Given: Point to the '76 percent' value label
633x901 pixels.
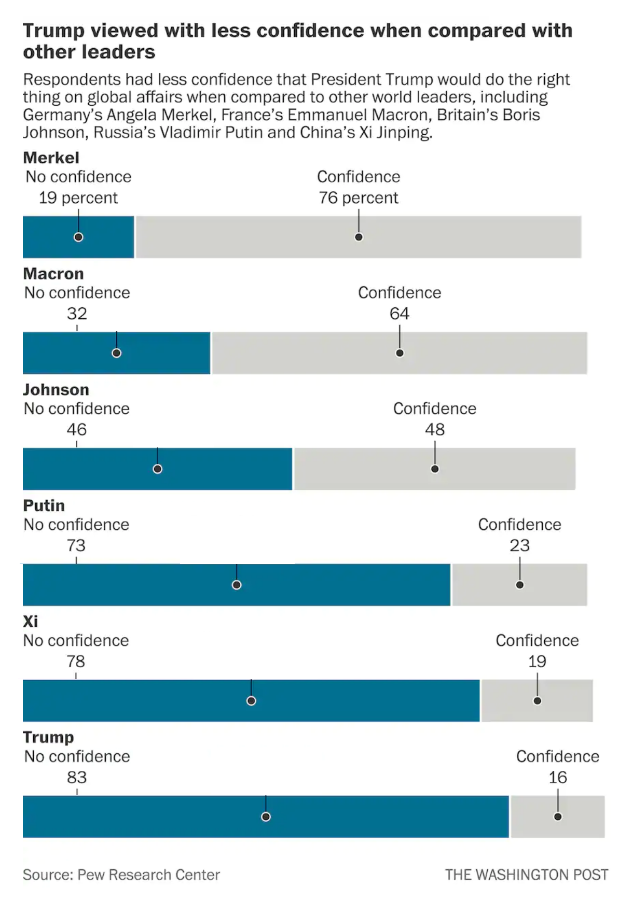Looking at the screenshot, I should click(359, 198).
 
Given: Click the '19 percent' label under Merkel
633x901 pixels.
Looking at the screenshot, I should click(78, 198).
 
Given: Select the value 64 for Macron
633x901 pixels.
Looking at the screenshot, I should click(400, 314).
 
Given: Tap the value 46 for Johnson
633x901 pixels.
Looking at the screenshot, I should click(77, 430).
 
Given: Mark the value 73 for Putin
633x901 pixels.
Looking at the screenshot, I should click(76, 545).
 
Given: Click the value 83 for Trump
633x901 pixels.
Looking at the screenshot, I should click(77, 778).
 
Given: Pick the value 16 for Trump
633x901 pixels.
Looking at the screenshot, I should click(558, 778).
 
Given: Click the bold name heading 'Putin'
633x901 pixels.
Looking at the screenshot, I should click(44, 505).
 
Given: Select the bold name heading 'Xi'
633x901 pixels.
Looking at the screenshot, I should click(31, 622).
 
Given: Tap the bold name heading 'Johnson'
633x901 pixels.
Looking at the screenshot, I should click(56, 390).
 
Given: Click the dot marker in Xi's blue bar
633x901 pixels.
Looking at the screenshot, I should click(251, 701).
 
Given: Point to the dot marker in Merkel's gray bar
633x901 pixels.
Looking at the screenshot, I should click(359, 237).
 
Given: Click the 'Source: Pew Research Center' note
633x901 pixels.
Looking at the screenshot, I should click(121, 875).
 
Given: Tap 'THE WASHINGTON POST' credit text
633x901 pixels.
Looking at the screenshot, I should click(527, 875).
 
